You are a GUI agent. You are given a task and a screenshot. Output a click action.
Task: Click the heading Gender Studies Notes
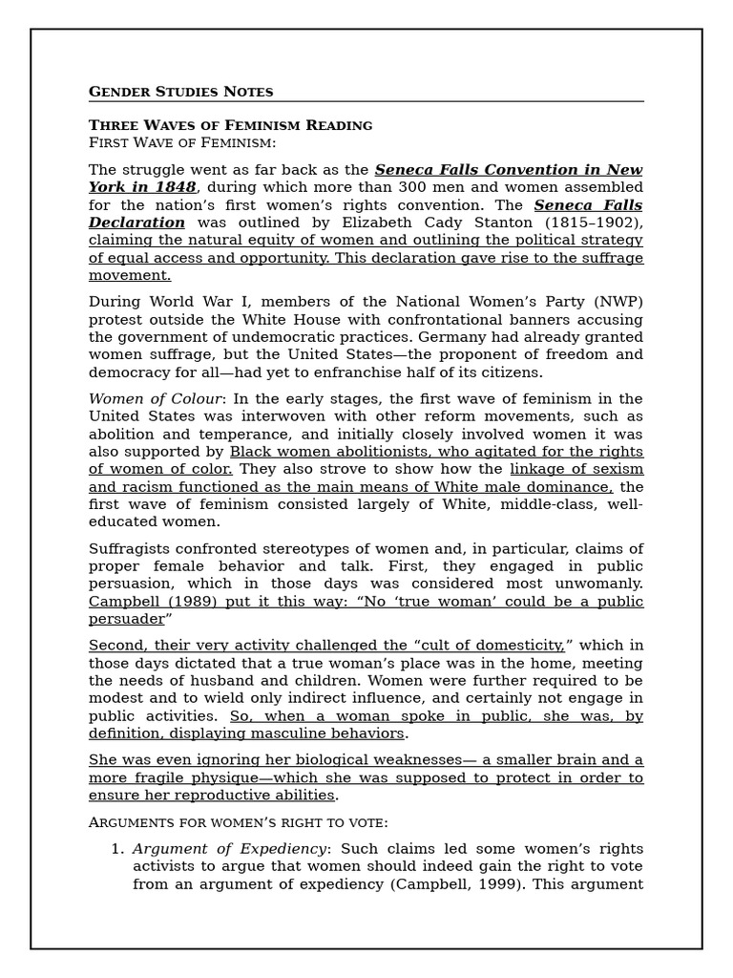pos(180,92)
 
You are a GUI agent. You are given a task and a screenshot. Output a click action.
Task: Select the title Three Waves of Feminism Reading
pos(230,125)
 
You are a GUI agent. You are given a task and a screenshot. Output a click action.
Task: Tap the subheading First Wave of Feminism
pos(181,142)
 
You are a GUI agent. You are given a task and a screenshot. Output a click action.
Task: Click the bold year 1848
pos(177,187)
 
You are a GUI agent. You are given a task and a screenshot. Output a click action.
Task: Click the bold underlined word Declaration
pos(136,223)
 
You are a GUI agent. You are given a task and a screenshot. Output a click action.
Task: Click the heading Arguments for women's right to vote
pos(239,822)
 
